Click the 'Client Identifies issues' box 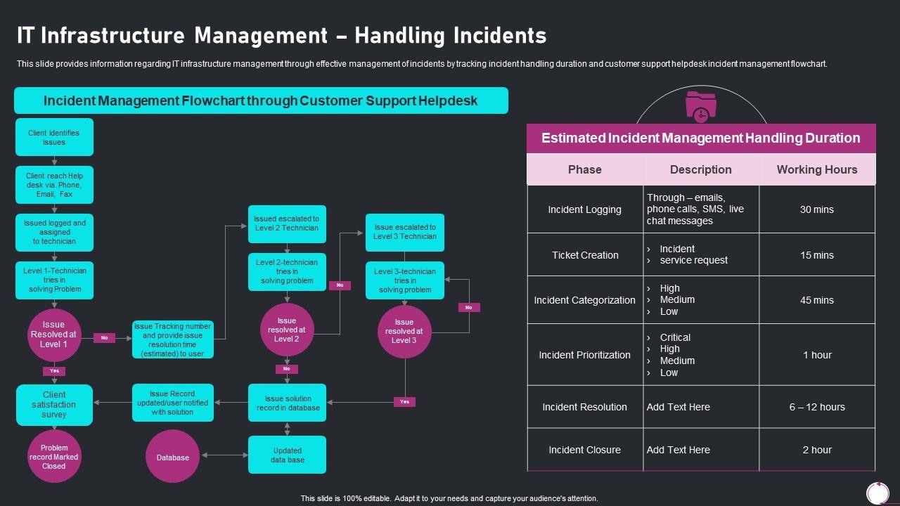(x=54, y=137)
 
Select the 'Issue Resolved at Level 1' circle (x=54, y=335)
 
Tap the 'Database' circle (x=173, y=458)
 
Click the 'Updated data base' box (x=287, y=455)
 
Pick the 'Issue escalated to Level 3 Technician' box (x=405, y=232)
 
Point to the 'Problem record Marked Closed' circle (x=54, y=457)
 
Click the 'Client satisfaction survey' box (x=54, y=405)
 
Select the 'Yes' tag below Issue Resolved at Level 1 (x=54, y=370)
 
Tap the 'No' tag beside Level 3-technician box (x=469, y=307)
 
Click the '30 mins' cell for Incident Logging (x=816, y=209)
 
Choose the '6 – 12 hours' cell (x=816, y=407)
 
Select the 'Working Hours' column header (x=816, y=169)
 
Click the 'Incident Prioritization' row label (x=584, y=355)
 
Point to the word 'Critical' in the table (x=675, y=337)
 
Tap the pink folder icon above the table (x=700, y=106)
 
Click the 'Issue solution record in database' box (x=287, y=403)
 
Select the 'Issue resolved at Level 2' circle (x=287, y=330)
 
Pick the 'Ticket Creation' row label (x=584, y=255)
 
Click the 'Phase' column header (x=584, y=169)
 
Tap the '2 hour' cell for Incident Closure (x=816, y=450)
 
